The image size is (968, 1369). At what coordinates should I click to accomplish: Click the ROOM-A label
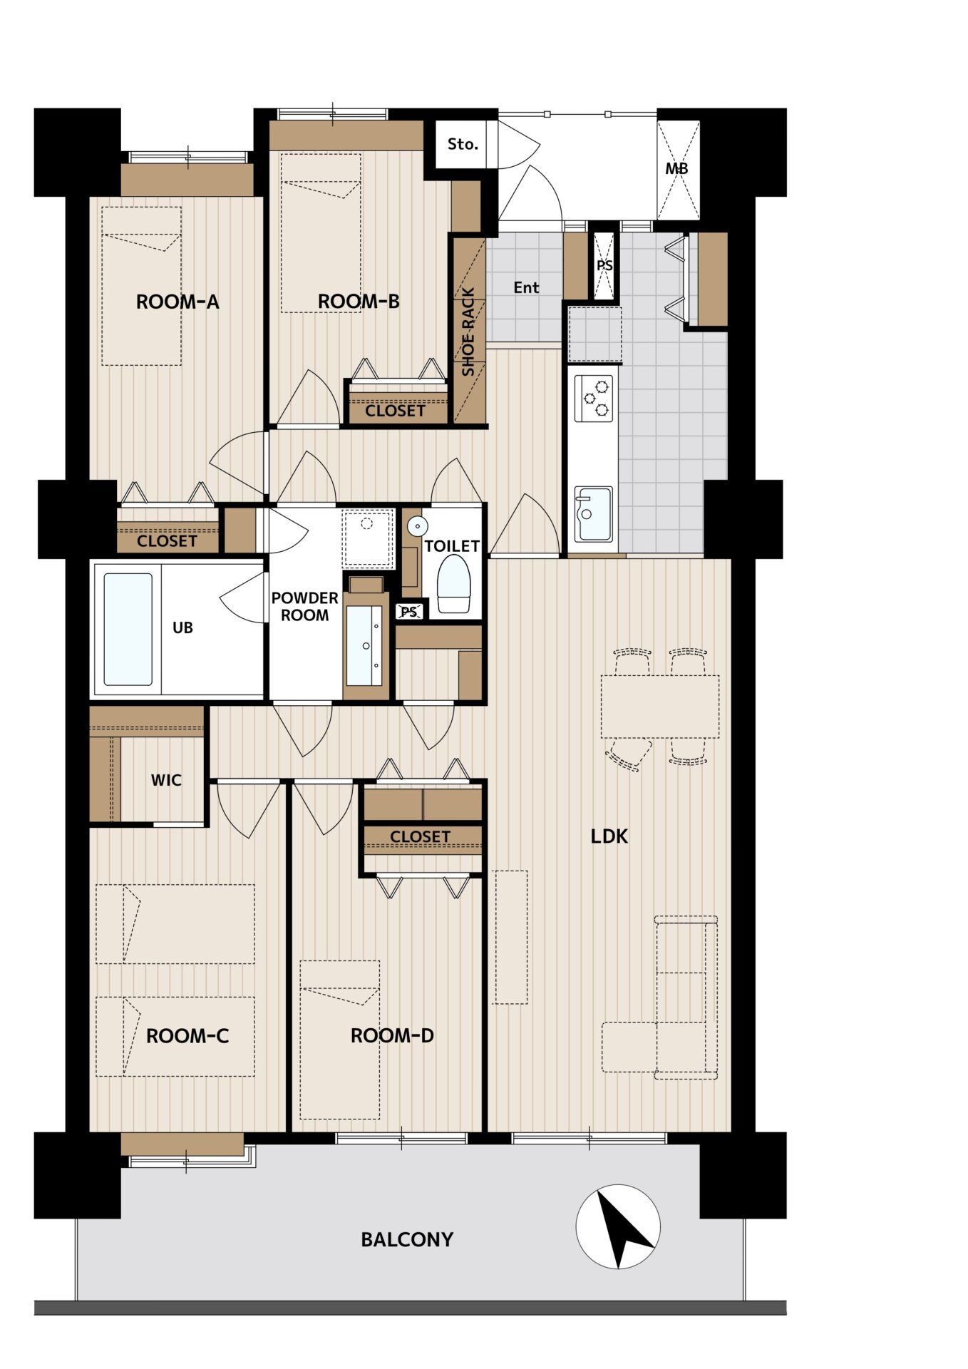[x=177, y=302]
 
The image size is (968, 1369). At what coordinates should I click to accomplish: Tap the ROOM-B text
[x=359, y=302]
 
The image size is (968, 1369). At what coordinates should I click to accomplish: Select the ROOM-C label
[x=187, y=1036]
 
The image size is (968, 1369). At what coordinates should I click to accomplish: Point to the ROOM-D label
[x=392, y=1035]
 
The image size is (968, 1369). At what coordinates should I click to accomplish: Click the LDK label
[x=609, y=836]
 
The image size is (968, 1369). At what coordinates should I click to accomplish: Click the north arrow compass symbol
[x=618, y=1226]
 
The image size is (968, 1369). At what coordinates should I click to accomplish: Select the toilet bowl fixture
[x=453, y=584]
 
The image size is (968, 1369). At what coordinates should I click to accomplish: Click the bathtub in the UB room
[x=128, y=629]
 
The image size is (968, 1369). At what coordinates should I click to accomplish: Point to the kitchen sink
[x=594, y=514]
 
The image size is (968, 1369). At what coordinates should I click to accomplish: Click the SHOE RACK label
[x=468, y=332]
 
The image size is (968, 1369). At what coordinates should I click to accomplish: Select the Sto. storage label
[x=463, y=144]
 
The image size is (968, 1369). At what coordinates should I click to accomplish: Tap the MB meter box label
[x=677, y=169]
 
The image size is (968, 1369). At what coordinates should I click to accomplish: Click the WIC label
[x=166, y=780]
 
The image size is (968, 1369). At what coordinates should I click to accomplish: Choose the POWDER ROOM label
[x=305, y=606]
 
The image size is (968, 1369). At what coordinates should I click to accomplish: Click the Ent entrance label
[x=526, y=287]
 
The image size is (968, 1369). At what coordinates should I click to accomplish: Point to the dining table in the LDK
[x=660, y=707]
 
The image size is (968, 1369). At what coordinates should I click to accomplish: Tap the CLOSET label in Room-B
[x=395, y=411]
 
